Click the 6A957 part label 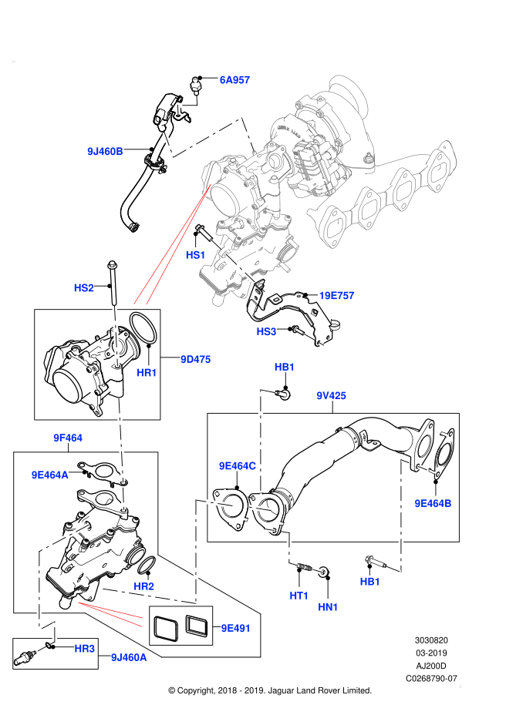(234, 80)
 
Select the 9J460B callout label (105, 152)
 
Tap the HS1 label (195, 255)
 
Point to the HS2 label (83, 288)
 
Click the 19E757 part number (336, 296)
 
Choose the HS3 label (266, 332)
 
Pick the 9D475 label (195, 360)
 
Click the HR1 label (147, 373)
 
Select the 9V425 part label (331, 396)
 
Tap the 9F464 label (68, 438)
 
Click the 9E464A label (49, 475)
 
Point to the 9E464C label (237, 466)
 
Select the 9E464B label (433, 504)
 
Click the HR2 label (143, 586)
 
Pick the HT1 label (299, 596)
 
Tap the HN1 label (328, 607)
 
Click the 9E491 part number (235, 629)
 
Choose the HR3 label (84, 649)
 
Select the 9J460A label (129, 658)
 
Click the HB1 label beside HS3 (284, 368)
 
